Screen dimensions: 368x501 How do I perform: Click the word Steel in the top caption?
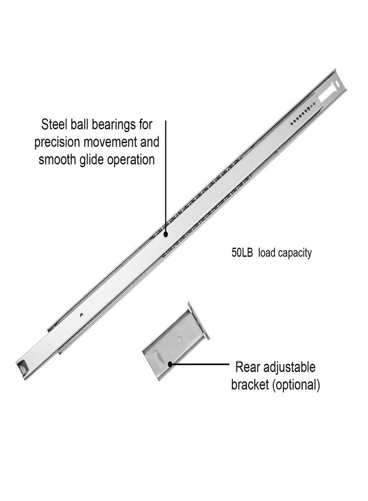(x=53, y=124)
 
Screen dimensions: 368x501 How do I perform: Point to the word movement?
(x=110, y=142)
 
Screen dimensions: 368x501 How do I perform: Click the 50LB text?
(x=242, y=253)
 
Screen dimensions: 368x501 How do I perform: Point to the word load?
(x=266, y=253)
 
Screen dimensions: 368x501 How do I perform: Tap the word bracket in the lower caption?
(x=250, y=385)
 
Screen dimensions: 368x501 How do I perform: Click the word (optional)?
(x=296, y=385)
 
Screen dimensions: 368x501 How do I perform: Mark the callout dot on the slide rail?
(x=166, y=235)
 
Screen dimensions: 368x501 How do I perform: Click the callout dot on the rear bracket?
(x=170, y=364)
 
